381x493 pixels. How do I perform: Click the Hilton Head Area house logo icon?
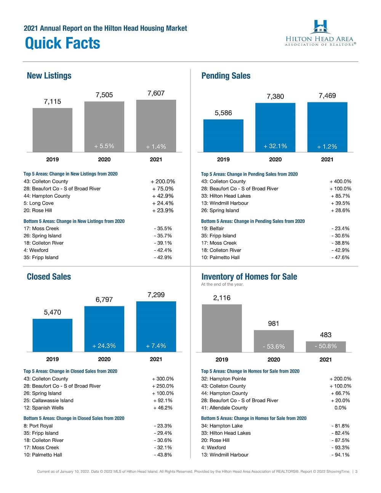(x=320, y=27)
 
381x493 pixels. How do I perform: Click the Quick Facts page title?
(x=62, y=43)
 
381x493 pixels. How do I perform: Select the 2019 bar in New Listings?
(x=53, y=130)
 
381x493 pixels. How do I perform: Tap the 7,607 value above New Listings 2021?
(x=156, y=93)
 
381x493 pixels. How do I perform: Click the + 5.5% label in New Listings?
(x=104, y=146)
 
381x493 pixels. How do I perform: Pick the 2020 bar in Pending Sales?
(x=275, y=127)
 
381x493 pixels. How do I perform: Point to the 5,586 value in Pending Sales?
(x=223, y=113)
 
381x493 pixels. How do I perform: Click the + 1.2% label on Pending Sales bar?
(x=327, y=147)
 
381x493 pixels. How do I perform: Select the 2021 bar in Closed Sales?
(x=156, y=326)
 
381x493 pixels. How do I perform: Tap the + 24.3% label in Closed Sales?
(x=104, y=346)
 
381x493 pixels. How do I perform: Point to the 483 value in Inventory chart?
(x=325, y=335)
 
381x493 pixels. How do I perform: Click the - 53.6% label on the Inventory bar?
(x=274, y=347)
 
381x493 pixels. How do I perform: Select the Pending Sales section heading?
(x=226, y=76)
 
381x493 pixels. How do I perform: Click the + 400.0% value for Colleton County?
(x=340, y=181)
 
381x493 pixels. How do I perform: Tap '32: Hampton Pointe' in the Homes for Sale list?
(x=224, y=379)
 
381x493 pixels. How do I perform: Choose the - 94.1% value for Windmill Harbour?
(x=340, y=455)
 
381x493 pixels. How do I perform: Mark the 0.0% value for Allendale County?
(x=340, y=408)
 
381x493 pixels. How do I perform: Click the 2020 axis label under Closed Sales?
(x=104, y=359)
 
